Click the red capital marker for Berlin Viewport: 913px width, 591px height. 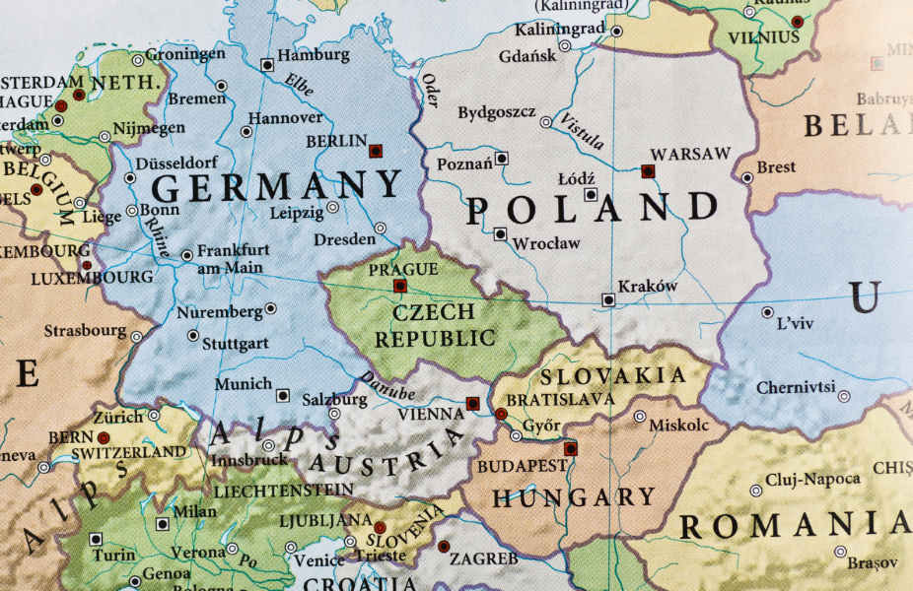pyautogui.click(x=375, y=151)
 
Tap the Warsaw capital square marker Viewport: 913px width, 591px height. pyautogui.click(x=648, y=170)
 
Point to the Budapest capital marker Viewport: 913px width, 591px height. pyautogui.click(x=570, y=448)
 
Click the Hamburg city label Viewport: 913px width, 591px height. pyautogui.click(x=315, y=56)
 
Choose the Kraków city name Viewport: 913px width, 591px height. pyautogui.click(x=648, y=287)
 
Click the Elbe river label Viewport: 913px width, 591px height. pyautogui.click(x=300, y=86)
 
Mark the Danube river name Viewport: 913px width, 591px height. pyautogui.click(x=386, y=386)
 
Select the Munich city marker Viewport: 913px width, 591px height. pyautogui.click(x=283, y=395)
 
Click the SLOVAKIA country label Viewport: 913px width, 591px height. pyautogui.click(x=612, y=375)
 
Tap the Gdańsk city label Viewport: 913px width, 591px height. pyautogui.click(x=527, y=56)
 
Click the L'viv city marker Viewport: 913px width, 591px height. pyautogui.click(x=767, y=312)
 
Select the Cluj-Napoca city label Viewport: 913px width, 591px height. pyautogui.click(x=813, y=479)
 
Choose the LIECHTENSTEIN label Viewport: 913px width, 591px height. pyautogui.click(x=283, y=490)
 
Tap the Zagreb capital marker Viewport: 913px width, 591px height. pyautogui.click(x=444, y=546)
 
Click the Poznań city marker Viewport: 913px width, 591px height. pyautogui.click(x=502, y=158)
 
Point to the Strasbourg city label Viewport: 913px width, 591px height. pyautogui.click(x=85, y=331)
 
